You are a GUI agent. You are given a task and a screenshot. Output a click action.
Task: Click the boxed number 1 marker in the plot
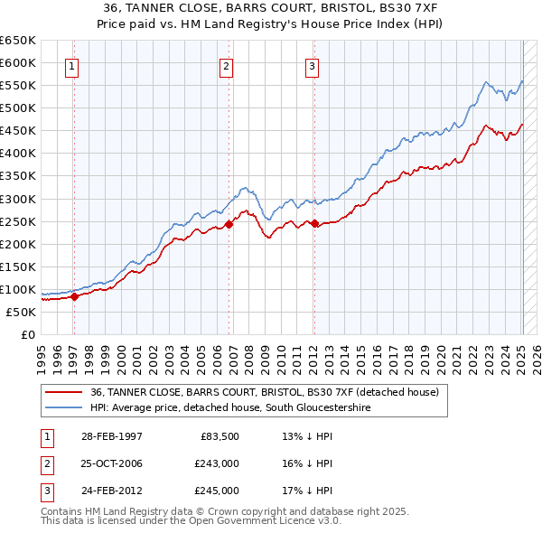point(71,65)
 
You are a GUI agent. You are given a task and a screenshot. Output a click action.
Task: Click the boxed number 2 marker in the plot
point(226,65)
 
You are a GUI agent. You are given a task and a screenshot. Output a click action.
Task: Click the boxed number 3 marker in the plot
point(312,65)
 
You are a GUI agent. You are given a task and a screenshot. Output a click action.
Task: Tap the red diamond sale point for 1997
point(75,296)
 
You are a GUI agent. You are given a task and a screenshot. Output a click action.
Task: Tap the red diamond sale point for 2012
point(314,223)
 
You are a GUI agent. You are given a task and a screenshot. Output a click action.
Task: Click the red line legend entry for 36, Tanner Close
point(264,392)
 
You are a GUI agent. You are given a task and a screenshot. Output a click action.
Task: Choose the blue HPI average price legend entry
point(230,408)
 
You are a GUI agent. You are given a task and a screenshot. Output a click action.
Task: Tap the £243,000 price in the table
point(217,463)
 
